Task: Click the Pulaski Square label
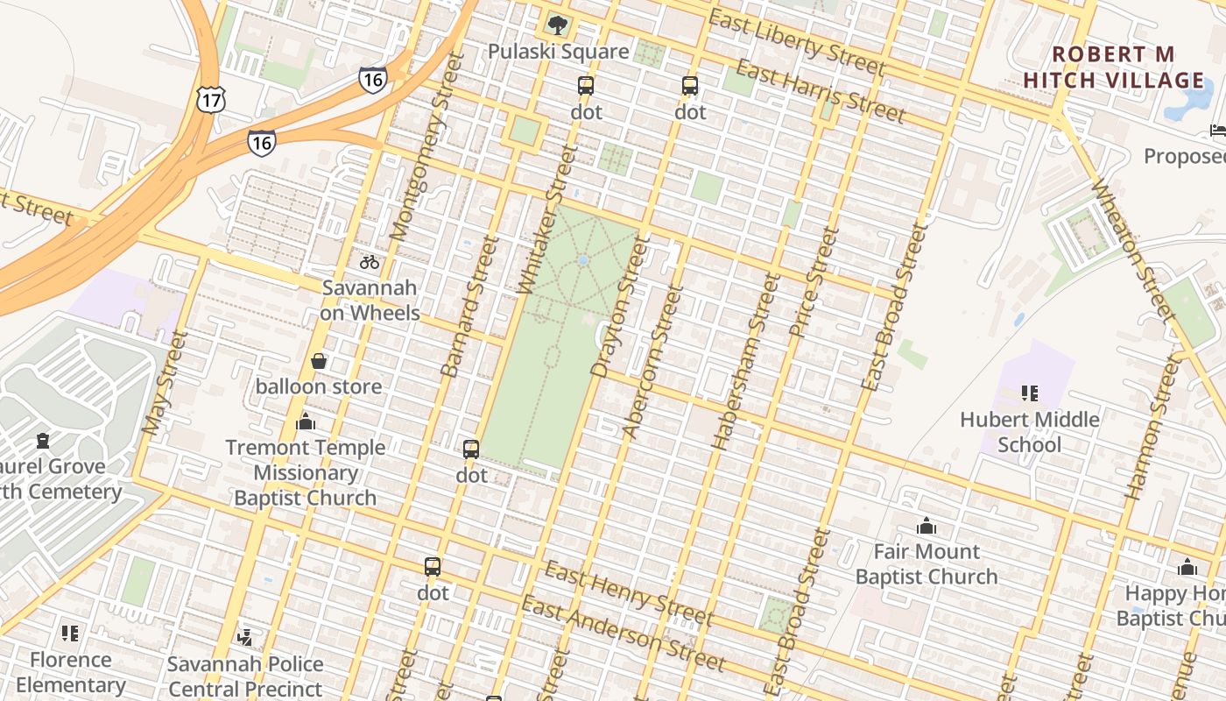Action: [x=558, y=52]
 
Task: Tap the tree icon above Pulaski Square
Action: [x=558, y=25]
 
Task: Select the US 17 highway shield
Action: [x=210, y=99]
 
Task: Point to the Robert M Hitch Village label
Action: [x=1114, y=67]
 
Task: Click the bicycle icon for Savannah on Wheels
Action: [x=370, y=261]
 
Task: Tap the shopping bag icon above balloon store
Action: [x=319, y=361]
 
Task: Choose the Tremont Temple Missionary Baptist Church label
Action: [x=305, y=472]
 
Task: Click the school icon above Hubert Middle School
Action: [x=1030, y=393]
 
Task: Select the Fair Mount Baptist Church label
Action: [x=927, y=563]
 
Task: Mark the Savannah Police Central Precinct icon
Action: [x=245, y=637]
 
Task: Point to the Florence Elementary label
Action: [x=70, y=672]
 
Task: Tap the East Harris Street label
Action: [x=820, y=91]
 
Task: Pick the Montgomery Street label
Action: [x=424, y=147]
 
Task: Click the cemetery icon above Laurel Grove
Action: [x=42, y=440]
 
